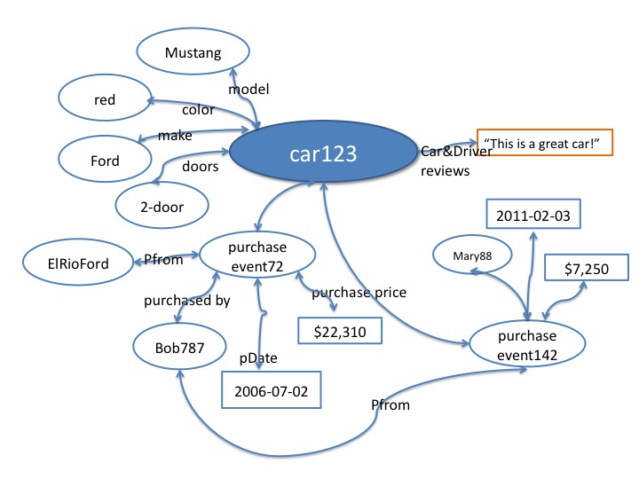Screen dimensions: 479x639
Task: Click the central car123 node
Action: click(x=323, y=154)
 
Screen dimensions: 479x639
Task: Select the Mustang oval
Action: click(x=191, y=52)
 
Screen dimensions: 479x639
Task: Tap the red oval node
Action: click(x=105, y=101)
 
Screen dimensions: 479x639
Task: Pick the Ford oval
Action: click(x=105, y=161)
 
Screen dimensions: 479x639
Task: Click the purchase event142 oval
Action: click(x=528, y=345)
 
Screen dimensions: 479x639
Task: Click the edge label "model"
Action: click(x=248, y=89)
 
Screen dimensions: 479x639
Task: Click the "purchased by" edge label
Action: click(x=187, y=301)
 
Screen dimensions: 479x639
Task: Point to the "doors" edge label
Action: click(x=201, y=167)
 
